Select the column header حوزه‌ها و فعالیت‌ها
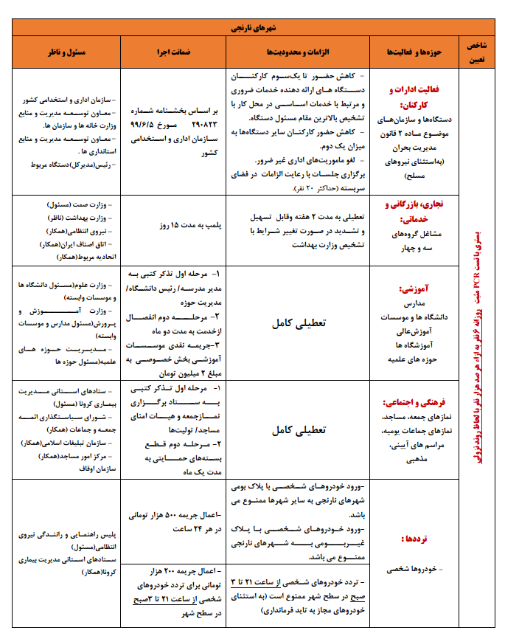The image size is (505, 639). tap(412, 53)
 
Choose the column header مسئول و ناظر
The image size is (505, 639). tap(66, 53)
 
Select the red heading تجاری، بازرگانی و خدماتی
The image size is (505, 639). tap(412, 213)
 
